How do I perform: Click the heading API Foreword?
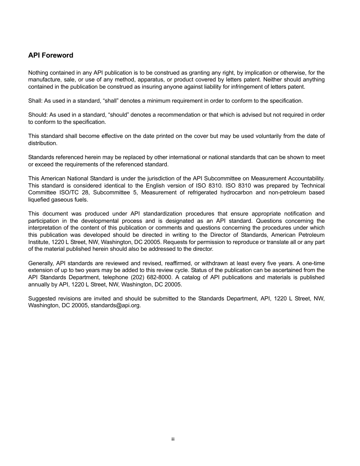click(x=50, y=55)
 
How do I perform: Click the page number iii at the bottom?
click(x=172, y=439)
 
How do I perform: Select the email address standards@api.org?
click(x=116, y=305)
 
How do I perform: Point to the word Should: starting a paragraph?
click(x=37, y=115)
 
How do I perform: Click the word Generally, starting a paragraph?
click(x=41, y=263)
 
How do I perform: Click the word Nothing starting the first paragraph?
click(x=38, y=73)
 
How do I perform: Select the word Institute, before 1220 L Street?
click(x=39, y=242)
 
